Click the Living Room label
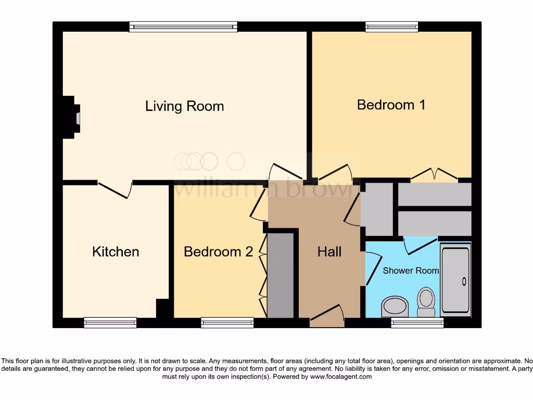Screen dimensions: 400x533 point(184,106)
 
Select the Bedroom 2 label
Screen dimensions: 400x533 point(218,252)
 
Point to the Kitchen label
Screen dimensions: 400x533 point(116,252)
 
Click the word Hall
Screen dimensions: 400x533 point(329,252)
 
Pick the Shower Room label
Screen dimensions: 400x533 point(411,270)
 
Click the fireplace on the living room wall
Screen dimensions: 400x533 point(70,117)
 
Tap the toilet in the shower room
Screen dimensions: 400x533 point(426,302)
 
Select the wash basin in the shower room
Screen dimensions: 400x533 point(395,306)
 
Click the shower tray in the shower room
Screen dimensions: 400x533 point(455,280)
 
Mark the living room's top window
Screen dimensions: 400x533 point(183,27)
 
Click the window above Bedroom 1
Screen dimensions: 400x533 point(391,27)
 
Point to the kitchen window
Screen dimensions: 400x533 point(110,322)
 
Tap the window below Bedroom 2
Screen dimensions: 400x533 point(227,322)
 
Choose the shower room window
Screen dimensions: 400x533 point(417,322)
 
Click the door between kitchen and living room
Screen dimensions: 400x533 point(115,189)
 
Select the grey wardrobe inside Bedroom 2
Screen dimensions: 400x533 point(280,276)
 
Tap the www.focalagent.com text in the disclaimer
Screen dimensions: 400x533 point(341,377)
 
